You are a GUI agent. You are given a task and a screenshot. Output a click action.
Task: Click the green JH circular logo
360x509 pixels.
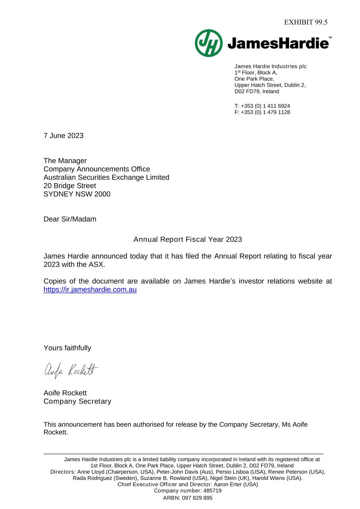point(209,43)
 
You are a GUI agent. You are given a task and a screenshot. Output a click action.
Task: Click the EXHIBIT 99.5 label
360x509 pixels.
point(306,22)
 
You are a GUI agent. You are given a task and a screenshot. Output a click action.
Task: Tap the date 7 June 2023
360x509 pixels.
point(63,136)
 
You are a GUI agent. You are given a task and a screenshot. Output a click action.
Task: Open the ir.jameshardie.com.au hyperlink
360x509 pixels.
point(90,290)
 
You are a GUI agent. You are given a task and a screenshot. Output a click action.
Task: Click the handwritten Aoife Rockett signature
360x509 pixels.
point(71,370)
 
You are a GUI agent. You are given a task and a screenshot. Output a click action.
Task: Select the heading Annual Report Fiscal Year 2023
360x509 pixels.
point(188,239)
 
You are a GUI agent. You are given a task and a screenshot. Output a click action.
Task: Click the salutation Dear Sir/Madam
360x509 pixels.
point(70,219)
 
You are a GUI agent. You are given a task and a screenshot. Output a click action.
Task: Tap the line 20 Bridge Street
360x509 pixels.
point(70,186)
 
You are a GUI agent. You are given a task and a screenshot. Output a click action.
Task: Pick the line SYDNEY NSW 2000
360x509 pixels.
point(77,194)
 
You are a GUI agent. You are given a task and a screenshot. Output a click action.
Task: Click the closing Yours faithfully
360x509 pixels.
point(67,348)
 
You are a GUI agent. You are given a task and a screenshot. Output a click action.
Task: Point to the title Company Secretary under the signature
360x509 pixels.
point(77,401)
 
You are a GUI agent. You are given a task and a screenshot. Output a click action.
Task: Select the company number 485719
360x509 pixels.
point(212,491)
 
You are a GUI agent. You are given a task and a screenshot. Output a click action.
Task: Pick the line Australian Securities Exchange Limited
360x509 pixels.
point(106,177)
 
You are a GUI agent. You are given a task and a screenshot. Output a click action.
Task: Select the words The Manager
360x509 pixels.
point(65,161)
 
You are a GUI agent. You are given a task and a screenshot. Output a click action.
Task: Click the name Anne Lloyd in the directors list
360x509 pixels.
point(91,472)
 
